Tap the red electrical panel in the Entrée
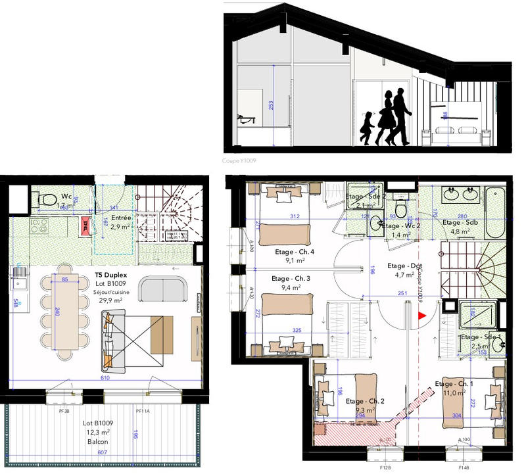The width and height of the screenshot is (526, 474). click(85, 224)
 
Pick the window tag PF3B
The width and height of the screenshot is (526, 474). click(64, 411)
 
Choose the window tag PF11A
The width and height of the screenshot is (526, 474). click(143, 411)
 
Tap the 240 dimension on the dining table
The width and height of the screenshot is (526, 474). click(57, 314)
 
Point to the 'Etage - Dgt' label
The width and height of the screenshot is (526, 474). click(405, 266)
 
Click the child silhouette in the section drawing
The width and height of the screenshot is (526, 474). click(366, 128)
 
